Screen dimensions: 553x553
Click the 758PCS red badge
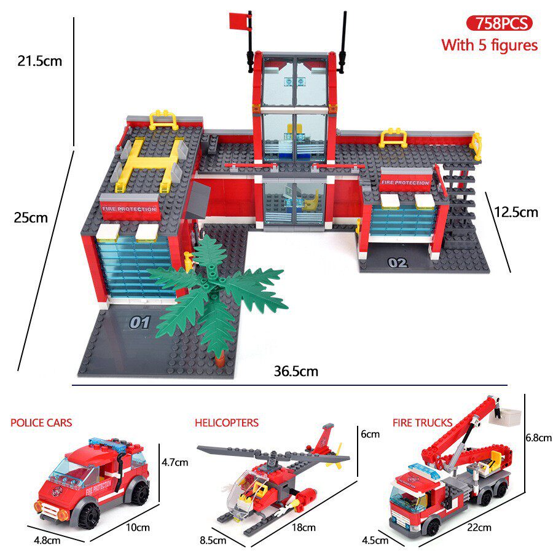click(499, 23)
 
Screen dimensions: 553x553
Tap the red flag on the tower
click(239, 21)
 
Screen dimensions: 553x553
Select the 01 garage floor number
click(140, 323)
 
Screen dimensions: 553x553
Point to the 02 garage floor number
click(398, 263)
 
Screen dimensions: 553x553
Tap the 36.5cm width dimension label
click(296, 371)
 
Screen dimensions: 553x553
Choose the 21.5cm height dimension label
click(40, 61)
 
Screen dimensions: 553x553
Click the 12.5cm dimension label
click(516, 213)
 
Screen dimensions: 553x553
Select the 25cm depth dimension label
click(31, 218)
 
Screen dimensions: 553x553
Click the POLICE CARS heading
click(41, 423)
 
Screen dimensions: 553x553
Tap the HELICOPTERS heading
click(227, 423)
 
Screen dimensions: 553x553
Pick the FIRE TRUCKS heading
click(422, 423)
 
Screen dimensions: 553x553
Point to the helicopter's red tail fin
click(323, 439)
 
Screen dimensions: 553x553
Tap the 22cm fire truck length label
click(479, 527)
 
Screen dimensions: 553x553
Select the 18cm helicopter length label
click(304, 527)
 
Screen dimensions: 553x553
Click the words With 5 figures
click(490, 45)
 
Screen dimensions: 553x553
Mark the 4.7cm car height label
click(175, 462)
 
